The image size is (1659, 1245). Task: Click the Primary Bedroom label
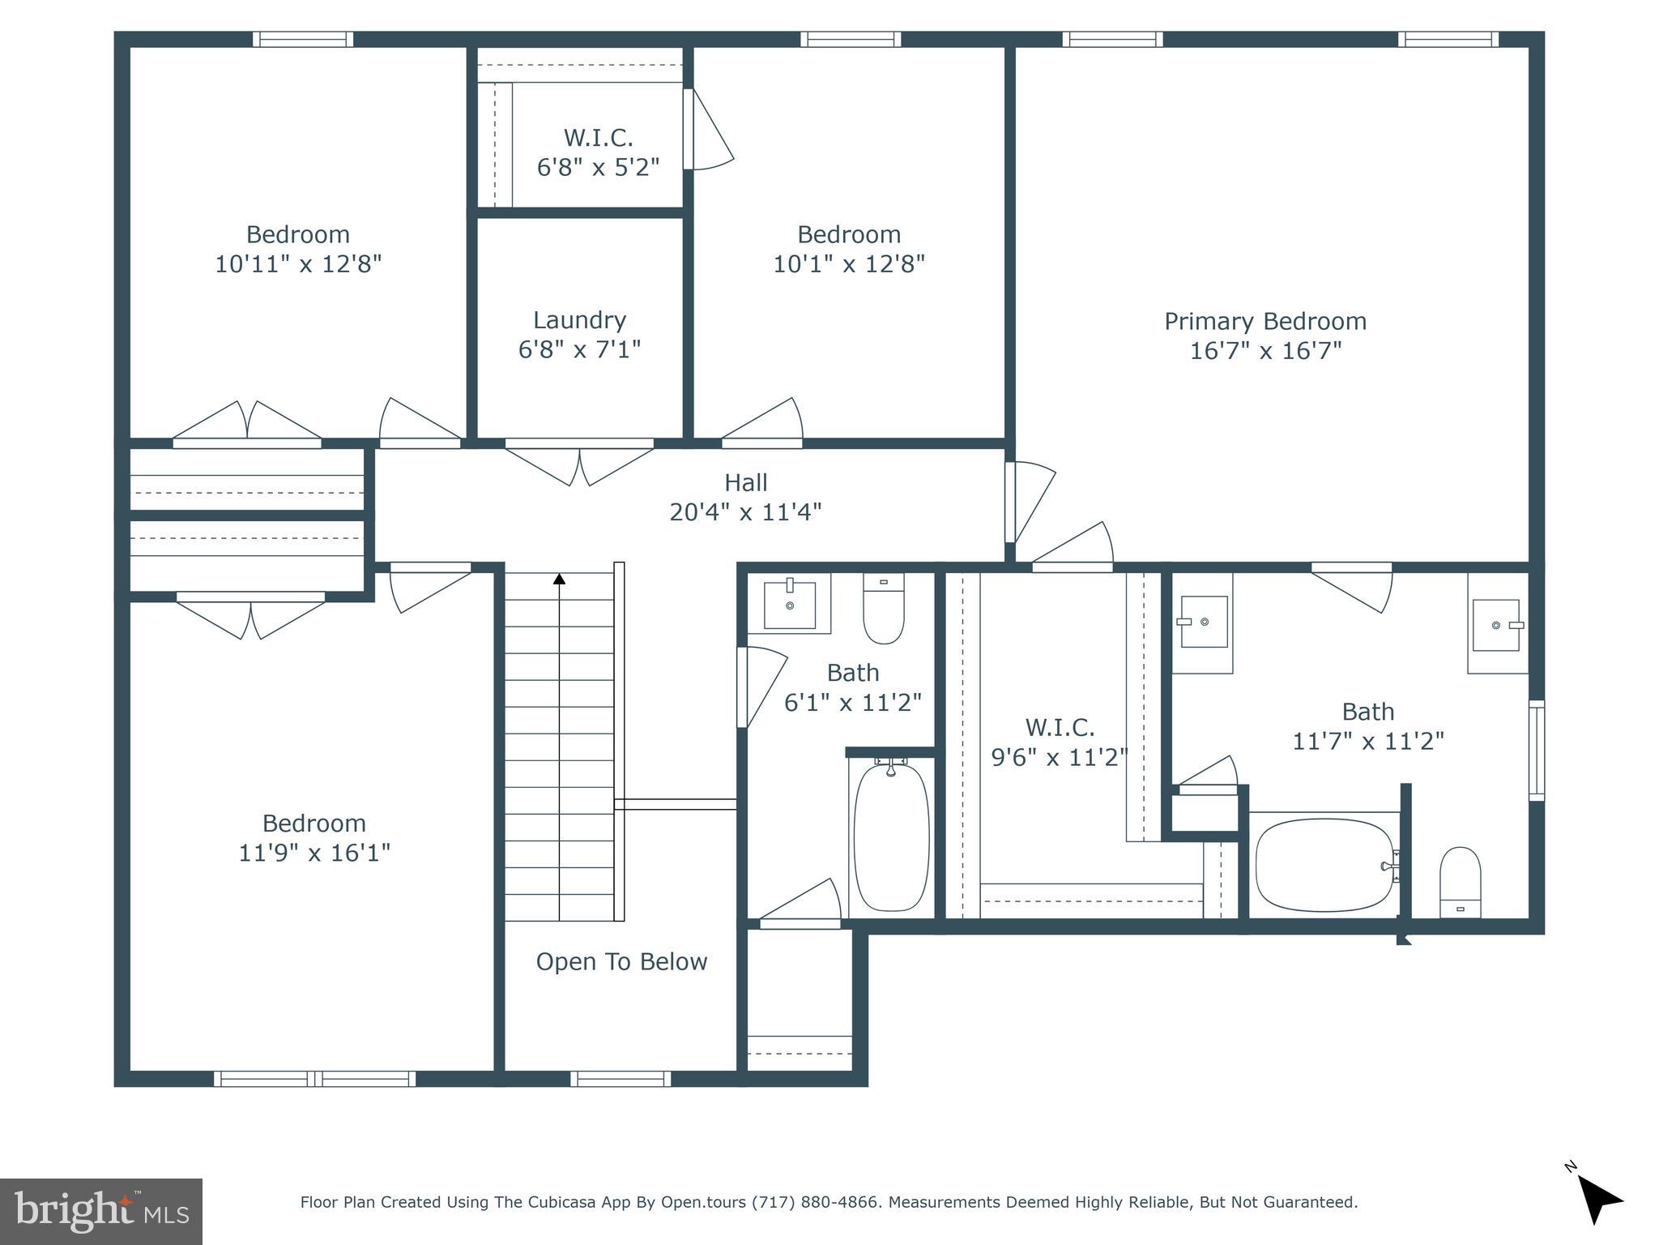[1265, 321]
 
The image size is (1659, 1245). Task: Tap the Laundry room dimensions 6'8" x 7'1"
[579, 349]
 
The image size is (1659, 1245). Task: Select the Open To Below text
[621, 961]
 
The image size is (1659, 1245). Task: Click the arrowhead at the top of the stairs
[559, 579]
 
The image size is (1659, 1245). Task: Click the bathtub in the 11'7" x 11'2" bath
[1324, 866]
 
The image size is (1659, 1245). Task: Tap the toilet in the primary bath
[1460, 883]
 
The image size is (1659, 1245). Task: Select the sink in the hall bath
[790, 604]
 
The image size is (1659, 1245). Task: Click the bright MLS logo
[101, 1212]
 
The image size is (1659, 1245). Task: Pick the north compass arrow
[1598, 1200]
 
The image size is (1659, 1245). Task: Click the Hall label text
[745, 482]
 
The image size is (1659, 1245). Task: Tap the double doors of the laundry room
[579, 464]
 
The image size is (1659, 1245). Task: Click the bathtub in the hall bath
[891, 836]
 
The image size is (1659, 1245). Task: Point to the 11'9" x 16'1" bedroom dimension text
[314, 853]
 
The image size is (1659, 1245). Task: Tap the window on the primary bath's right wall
[1536, 751]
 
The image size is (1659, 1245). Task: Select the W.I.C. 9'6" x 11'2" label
[1060, 742]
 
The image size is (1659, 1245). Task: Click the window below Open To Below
[621, 1079]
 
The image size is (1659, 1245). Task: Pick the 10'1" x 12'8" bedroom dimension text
[848, 264]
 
